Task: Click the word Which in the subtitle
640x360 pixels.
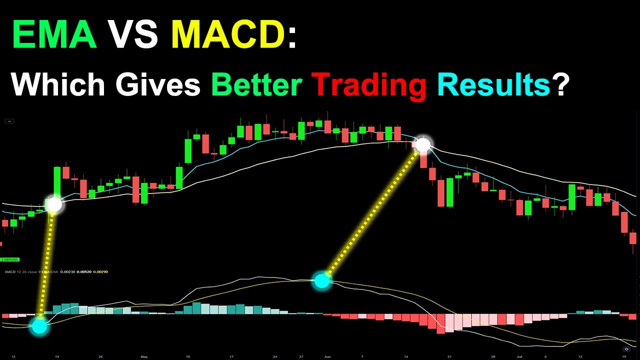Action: click(58, 84)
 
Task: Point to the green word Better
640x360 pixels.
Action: click(256, 84)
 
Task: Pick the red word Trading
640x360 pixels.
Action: click(368, 84)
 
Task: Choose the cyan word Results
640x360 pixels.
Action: click(493, 84)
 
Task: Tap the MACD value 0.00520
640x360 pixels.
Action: click(83, 272)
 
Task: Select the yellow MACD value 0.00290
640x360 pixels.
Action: click(100, 272)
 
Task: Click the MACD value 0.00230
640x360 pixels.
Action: click(67, 272)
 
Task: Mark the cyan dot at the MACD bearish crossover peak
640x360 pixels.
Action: click(321, 281)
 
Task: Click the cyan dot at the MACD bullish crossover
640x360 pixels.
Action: click(39, 326)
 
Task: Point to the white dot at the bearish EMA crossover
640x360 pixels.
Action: click(423, 145)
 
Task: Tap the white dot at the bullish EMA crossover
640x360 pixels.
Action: click(54, 204)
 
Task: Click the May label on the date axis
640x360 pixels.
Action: click(144, 356)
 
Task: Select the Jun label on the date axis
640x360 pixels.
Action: click(327, 356)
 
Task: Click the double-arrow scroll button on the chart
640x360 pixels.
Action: click(626, 349)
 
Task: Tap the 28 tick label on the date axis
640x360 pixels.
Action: click(494, 356)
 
